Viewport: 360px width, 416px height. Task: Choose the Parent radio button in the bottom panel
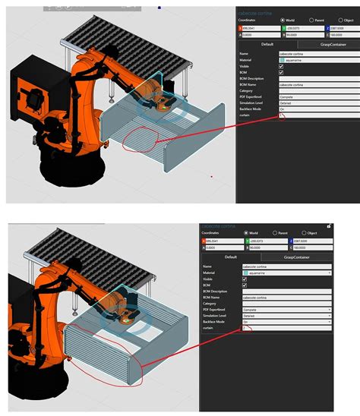coord(274,233)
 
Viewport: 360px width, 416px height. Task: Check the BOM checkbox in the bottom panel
coord(245,286)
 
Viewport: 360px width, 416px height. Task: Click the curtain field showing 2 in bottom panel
coord(286,328)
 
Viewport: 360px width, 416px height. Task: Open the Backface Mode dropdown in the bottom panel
coord(286,321)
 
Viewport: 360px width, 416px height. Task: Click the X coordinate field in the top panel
coord(259,28)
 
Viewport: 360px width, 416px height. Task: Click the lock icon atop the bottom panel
coord(328,225)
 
